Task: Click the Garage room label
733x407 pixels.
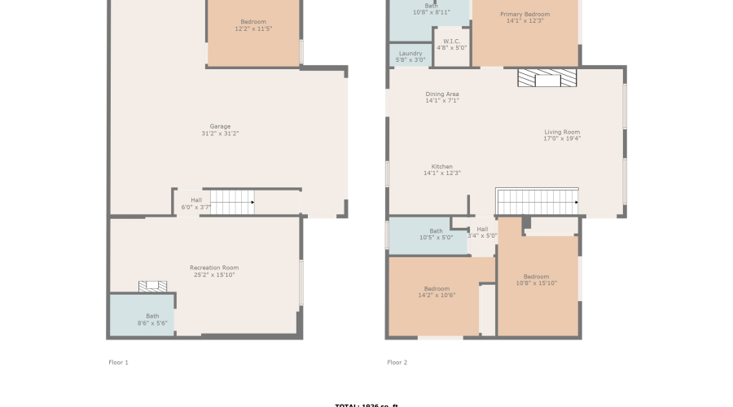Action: click(x=220, y=129)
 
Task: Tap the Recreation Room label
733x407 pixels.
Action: click(x=214, y=271)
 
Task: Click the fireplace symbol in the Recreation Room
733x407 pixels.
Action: click(x=152, y=286)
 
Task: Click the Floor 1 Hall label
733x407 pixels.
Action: click(x=195, y=203)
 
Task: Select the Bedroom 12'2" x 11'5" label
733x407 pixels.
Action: click(x=253, y=24)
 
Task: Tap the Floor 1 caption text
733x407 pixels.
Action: click(x=118, y=361)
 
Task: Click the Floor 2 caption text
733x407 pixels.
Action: click(x=397, y=361)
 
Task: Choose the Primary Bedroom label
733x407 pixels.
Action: click(x=525, y=17)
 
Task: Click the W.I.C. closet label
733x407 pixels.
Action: click(x=452, y=44)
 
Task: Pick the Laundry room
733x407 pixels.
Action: click(x=410, y=56)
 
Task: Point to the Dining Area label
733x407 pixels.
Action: click(x=442, y=97)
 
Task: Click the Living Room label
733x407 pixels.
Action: click(x=562, y=135)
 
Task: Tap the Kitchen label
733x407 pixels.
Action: click(x=442, y=169)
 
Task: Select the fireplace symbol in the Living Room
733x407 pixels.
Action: click(x=546, y=78)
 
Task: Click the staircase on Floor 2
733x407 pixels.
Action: click(x=537, y=201)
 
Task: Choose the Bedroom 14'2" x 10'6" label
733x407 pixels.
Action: click(x=437, y=291)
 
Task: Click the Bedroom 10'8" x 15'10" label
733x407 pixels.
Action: click(x=536, y=279)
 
